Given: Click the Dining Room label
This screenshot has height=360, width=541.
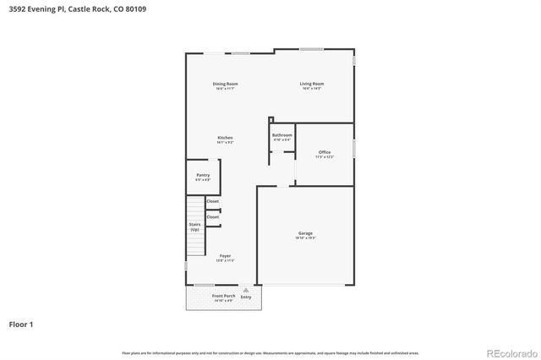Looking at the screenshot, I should coord(225,84).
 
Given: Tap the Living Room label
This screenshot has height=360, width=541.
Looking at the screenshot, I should coord(312,84).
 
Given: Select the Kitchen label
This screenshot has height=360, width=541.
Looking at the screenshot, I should coord(225,138).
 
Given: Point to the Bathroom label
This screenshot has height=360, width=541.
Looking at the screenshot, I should coord(282,135).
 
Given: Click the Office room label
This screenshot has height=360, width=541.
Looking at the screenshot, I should coord(325,152).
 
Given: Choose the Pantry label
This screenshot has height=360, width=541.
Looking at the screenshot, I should coord(203,175).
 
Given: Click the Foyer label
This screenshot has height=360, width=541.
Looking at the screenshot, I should coord(225,255).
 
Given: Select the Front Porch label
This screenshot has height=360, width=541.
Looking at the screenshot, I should coord(224,296).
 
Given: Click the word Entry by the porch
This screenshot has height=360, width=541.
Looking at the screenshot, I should coord(246,297).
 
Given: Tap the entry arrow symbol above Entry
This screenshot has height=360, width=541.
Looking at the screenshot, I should coord(246,290).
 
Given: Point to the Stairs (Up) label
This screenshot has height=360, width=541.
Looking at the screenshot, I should coord(195,226).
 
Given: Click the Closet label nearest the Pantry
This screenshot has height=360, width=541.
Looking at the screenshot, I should coord(213,201).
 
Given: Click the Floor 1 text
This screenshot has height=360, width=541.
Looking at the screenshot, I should coord(21,324).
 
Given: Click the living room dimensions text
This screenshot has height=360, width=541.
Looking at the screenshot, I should coord(312,89).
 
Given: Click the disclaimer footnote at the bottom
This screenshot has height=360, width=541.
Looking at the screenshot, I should coord(270,352).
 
